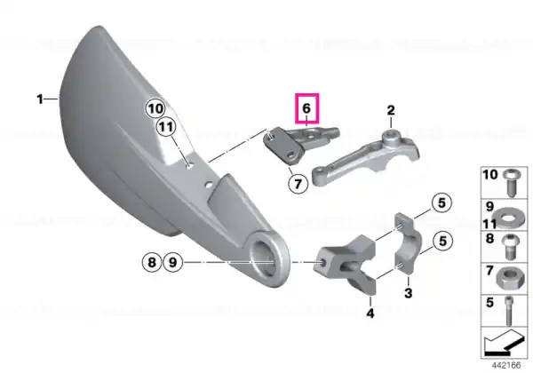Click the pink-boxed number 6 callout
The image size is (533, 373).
click(307, 108)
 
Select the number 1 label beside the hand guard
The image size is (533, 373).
click(40, 99)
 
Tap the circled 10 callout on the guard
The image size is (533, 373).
click(155, 108)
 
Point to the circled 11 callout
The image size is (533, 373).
click(166, 127)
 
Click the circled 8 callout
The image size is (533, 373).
click(152, 262)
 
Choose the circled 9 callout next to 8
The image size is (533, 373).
click(173, 262)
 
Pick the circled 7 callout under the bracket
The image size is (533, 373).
click(298, 184)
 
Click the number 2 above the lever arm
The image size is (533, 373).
click(391, 110)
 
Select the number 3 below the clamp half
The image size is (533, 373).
click(409, 292)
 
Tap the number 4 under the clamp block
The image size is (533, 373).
click(370, 313)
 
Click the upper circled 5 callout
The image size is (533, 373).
click(442, 202)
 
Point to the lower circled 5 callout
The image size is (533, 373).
click(442, 241)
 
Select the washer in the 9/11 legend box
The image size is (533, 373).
click(508, 217)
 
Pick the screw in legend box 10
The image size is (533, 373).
click(511, 182)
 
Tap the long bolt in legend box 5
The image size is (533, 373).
click(509, 311)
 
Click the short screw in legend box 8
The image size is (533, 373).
click(509, 247)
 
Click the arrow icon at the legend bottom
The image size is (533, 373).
click(504, 343)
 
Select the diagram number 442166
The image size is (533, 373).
click(506, 365)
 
